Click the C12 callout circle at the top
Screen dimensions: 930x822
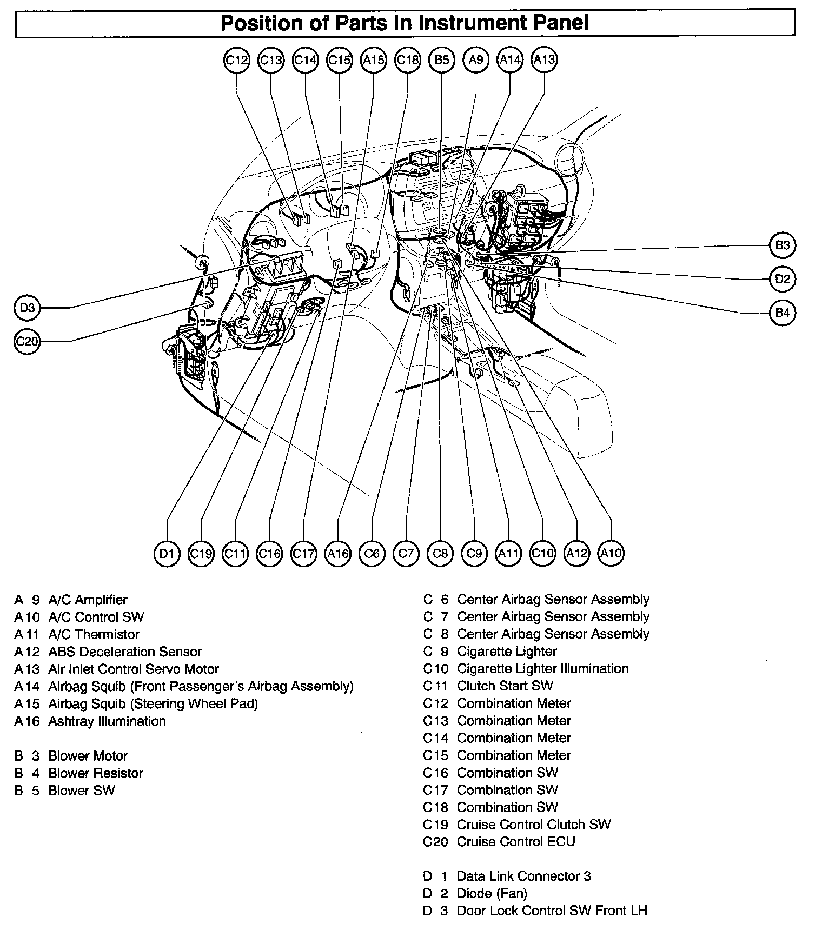236,60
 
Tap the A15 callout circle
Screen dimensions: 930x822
374,60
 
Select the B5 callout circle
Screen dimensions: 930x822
442,60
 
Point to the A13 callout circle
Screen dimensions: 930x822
544,59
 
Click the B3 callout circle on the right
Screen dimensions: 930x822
783,245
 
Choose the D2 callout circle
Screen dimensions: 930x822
783,279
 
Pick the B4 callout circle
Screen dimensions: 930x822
783,313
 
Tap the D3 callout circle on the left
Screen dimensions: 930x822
27,308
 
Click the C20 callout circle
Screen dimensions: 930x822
27,341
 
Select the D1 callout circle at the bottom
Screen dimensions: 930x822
167,553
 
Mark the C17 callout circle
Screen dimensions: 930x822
303,553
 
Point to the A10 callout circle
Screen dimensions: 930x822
611,553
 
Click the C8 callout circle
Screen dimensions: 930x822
440,553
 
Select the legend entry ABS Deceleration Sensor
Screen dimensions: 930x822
124,652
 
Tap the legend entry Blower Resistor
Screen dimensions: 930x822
95,773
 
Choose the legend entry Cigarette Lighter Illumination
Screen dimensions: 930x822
542,669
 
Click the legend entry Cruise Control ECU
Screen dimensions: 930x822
515,842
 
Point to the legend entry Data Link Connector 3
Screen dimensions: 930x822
523,876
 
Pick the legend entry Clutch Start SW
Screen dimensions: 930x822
505,686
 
